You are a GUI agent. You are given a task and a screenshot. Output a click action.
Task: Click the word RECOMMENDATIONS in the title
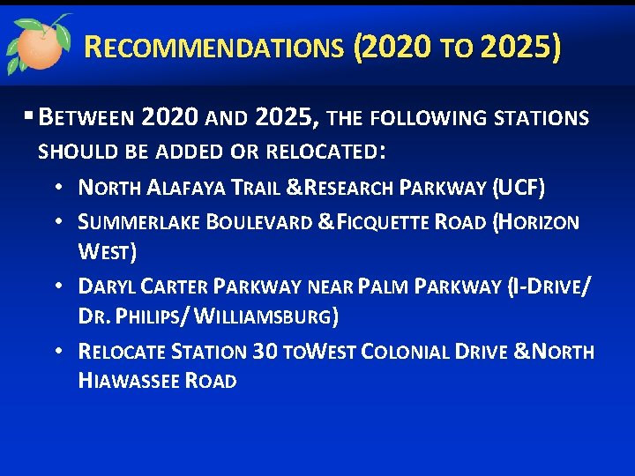coord(213,47)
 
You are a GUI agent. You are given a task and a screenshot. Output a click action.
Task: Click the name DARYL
coord(108,286)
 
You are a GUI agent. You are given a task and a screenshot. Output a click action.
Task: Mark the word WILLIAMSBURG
coord(269,316)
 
